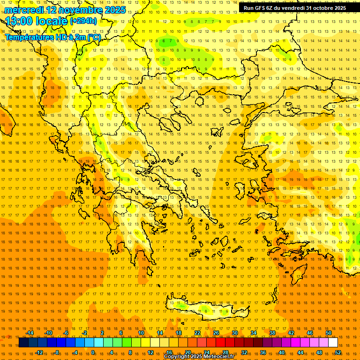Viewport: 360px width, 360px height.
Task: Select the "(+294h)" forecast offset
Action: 83,21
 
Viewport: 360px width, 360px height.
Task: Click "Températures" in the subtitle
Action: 27,37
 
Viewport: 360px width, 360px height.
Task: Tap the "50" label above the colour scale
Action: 329,333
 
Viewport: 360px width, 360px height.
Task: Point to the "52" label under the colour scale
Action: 338,352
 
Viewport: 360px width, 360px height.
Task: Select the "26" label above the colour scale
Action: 216,333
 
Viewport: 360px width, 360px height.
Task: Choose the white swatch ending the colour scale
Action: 333,343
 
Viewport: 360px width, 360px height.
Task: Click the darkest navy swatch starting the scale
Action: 23,343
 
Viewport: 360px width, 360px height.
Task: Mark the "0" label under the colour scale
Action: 93,352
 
